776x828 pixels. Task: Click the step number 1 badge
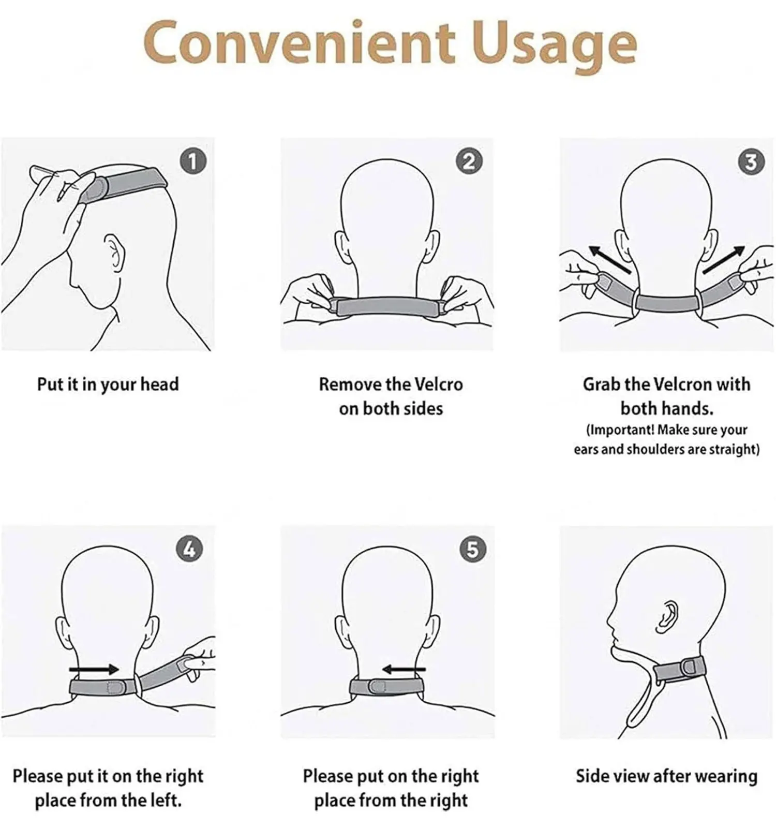(193, 162)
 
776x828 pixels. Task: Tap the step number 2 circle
(469, 161)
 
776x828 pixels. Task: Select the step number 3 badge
(751, 161)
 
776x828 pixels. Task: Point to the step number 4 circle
(189, 549)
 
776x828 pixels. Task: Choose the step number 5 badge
(473, 549)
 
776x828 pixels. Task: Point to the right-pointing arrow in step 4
(94, 670)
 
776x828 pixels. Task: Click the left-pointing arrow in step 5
(404, 670)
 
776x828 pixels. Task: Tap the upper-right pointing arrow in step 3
(724, 260)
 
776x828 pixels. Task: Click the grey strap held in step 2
(388, 306)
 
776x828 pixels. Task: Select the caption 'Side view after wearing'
(666, 776)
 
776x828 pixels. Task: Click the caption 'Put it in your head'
(108, 385)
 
